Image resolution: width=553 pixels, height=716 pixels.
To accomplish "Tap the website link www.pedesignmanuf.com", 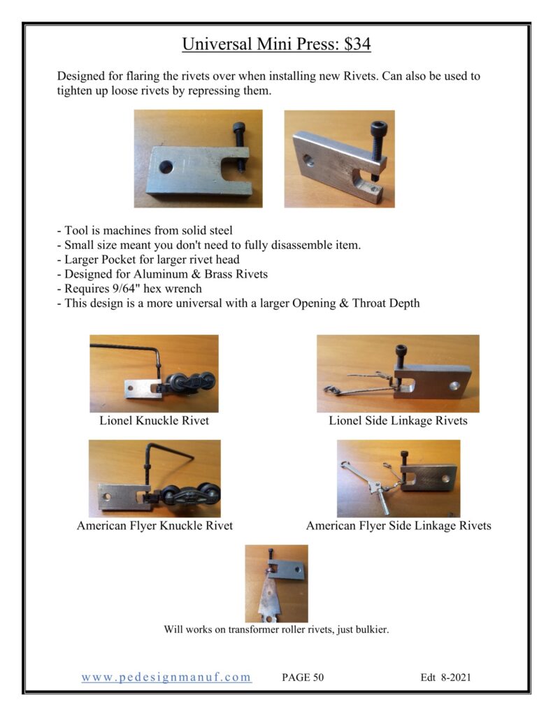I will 166,677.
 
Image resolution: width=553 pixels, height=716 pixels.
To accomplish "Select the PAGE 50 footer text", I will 303,678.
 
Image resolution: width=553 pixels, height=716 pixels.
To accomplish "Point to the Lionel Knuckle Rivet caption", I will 154,421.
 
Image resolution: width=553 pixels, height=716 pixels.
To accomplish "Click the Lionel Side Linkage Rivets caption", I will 398,421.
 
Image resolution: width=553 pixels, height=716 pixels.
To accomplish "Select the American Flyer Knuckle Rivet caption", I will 155,525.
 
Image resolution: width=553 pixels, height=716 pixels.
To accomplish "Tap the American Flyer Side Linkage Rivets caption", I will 398,525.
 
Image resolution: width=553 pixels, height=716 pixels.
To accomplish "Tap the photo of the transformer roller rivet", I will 276,583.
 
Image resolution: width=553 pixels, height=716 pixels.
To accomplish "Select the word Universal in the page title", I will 217,45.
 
